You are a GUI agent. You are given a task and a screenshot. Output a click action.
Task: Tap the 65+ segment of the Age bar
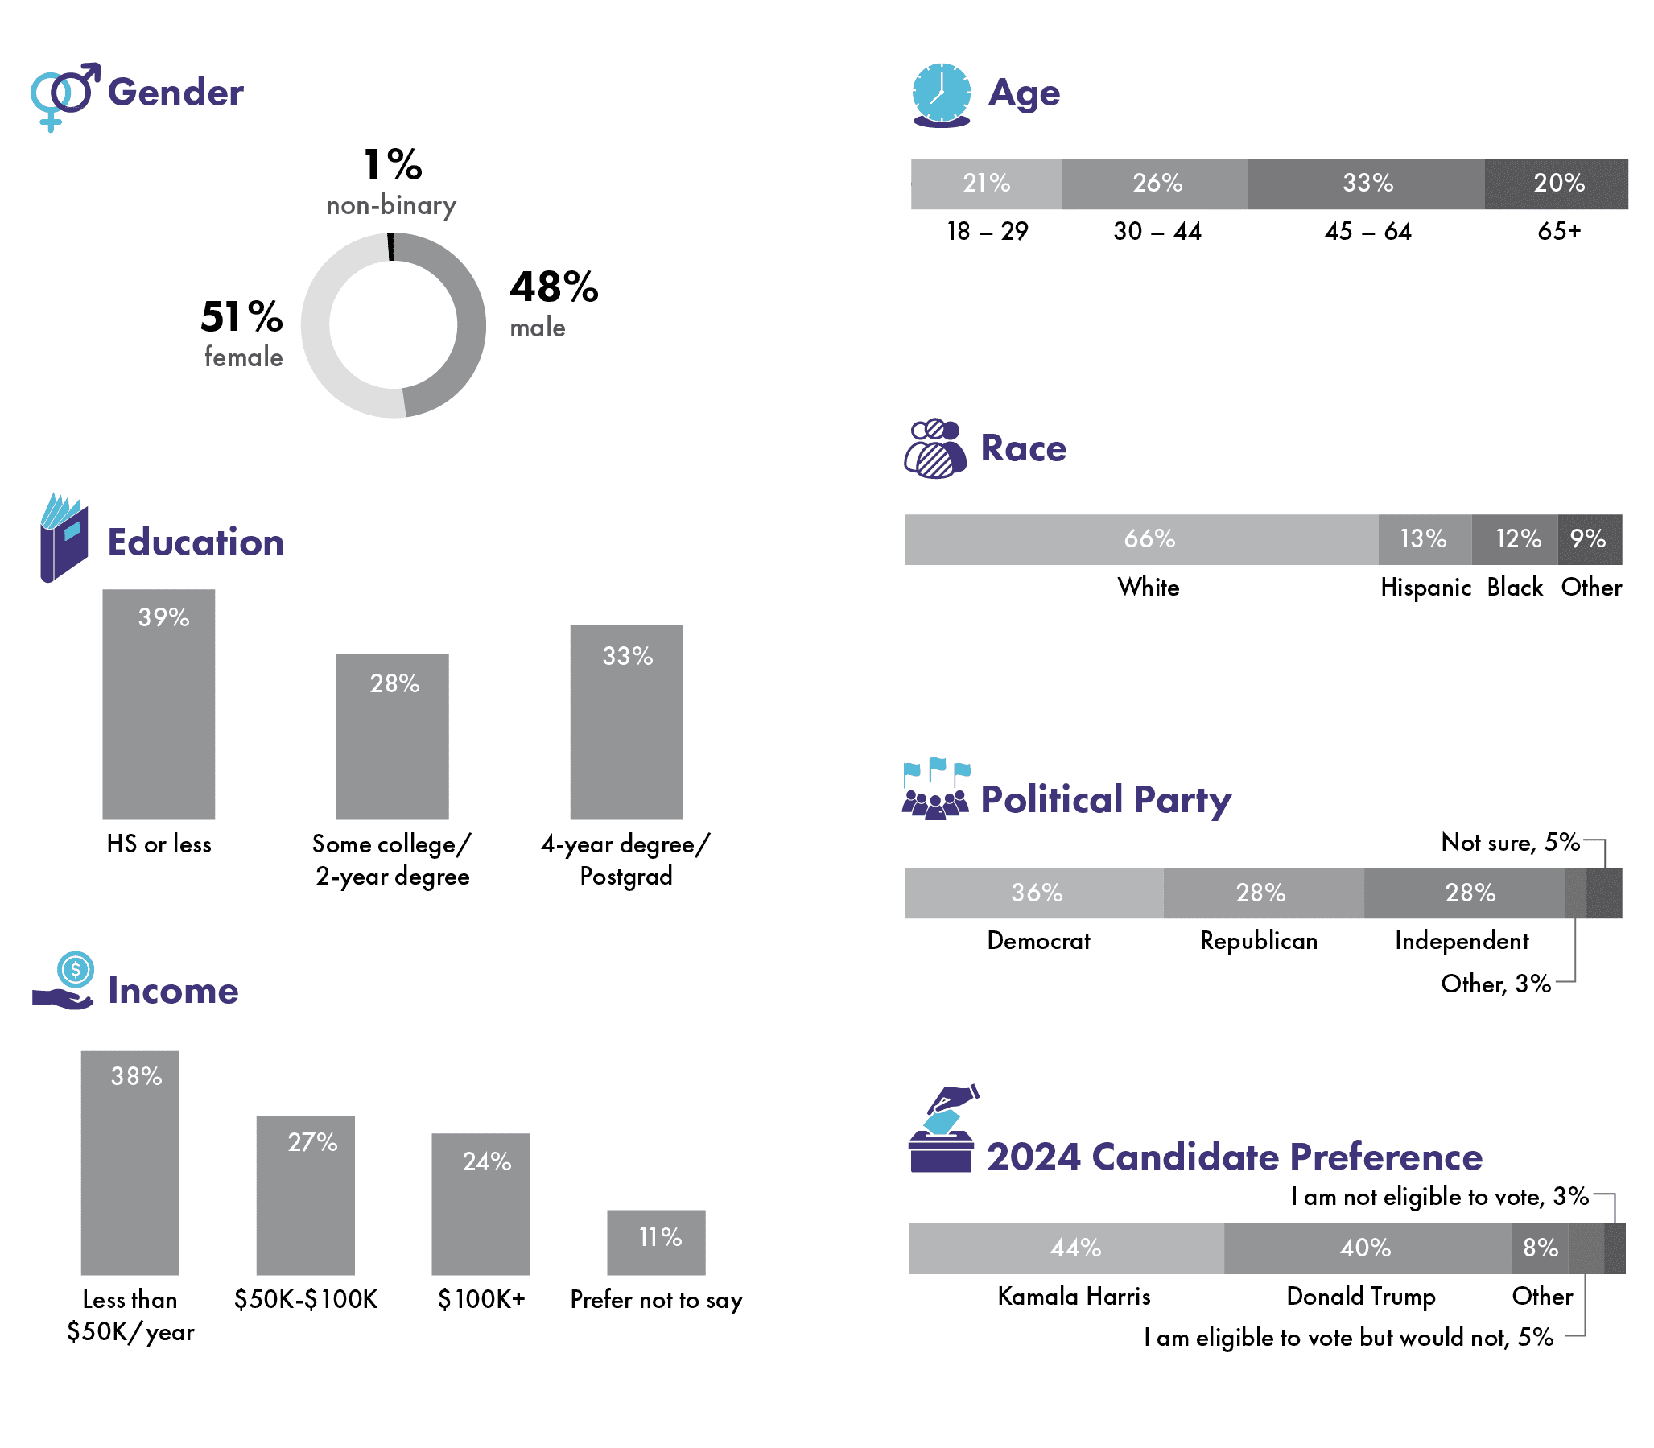coord(1556,184)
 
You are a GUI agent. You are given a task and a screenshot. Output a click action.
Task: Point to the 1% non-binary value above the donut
coord(392,165)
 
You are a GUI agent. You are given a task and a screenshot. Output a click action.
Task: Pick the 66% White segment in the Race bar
coord(1141,539)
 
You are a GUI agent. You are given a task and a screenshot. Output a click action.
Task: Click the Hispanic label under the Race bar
coord(1425,588)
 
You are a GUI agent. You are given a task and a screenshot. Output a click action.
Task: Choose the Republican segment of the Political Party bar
coord(1263,893)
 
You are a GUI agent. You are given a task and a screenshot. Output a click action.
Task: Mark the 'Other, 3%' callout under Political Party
coord(1495,984)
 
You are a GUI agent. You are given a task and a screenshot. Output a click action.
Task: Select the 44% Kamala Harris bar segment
coord(1066,1248)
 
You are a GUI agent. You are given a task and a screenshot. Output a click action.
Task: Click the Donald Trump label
coord(1361,1296)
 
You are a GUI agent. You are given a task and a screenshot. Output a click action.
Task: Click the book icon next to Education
coord(64,538)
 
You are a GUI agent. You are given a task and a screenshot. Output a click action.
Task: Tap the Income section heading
coord(173,991)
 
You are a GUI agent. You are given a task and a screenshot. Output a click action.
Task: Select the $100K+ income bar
coord(481,1203)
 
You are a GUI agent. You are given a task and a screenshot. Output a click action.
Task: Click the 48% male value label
coord(554,288)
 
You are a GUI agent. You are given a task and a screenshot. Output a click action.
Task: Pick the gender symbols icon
coord(64,94)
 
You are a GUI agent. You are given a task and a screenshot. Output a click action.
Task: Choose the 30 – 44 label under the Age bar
coord(1157,232)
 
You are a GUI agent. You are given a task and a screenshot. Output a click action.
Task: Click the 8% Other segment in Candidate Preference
coord(1539,1248)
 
